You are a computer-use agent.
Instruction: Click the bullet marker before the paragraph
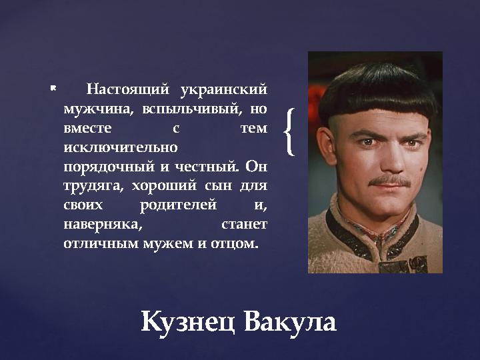pos(53,87)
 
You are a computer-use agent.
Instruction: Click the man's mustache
pos(389,180)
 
